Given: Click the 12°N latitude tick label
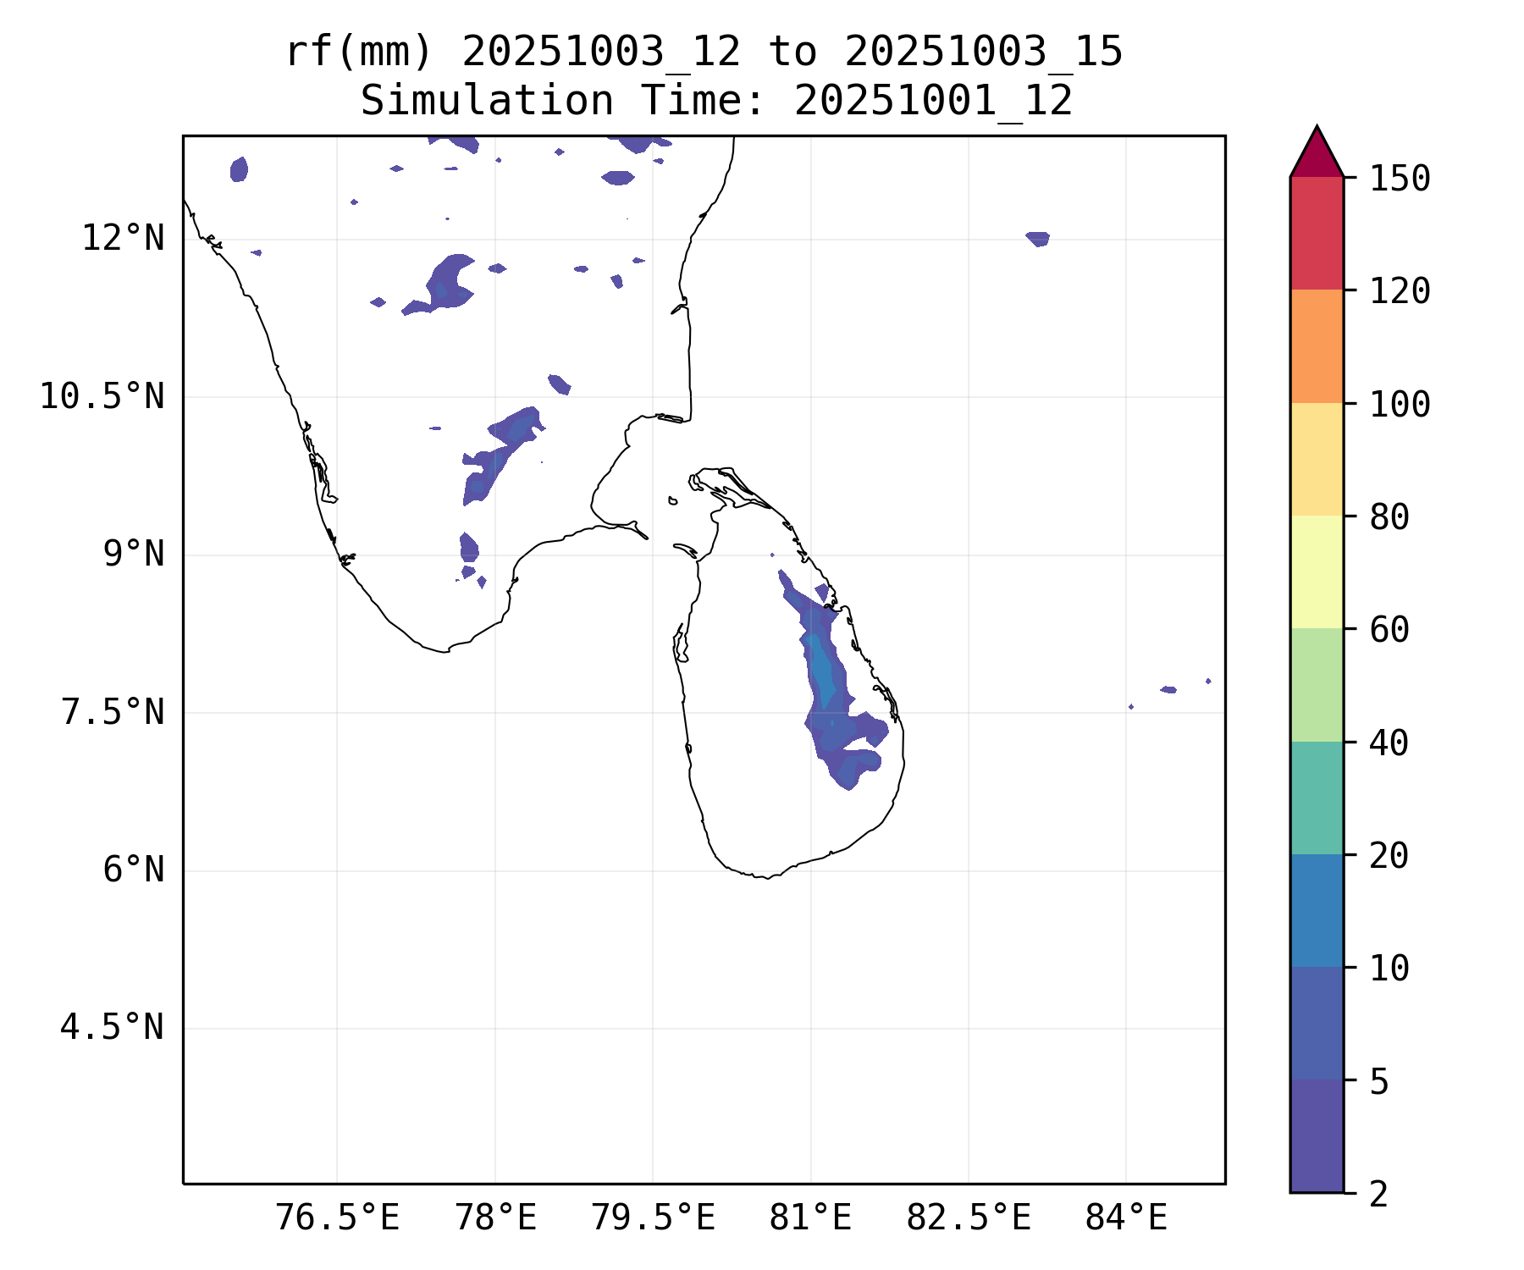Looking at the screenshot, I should (123, 239).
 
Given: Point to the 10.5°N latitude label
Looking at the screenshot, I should (102, 396).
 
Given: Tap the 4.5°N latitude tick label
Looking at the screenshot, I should (112, 1027).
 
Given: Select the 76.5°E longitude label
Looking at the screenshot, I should (337, 1218).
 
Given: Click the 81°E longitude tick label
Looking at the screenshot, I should (810, 1218).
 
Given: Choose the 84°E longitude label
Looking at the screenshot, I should (1126, 1218).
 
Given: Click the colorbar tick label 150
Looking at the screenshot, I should (1400, 179).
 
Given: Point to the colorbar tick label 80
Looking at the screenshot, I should (1389, 516).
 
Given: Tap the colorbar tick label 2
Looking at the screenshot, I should (1379, 1194).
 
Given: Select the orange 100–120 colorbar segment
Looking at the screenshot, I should (1317, 345).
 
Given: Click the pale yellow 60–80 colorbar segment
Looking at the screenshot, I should (1317, 571).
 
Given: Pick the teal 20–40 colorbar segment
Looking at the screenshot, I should (1317, 798).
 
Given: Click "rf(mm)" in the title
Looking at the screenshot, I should (359, 52).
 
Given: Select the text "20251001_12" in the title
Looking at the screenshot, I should (933, 102).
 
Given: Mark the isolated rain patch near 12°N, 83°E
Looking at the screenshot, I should (1038, 239).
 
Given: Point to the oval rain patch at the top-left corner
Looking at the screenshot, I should (239, 169).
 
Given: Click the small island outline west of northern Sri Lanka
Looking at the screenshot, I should (672, 500).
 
